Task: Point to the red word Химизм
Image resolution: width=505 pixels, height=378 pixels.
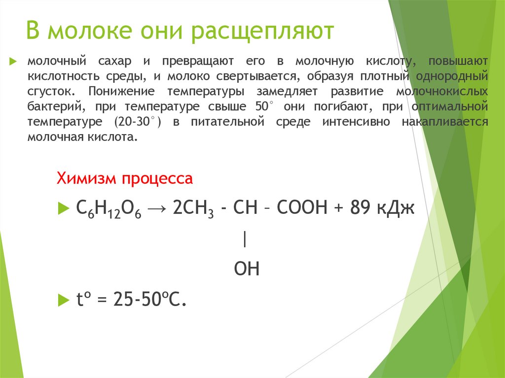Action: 84,178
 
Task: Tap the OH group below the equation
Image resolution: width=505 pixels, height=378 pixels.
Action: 246,269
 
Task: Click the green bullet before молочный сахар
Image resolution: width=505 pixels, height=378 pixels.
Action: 13,61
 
